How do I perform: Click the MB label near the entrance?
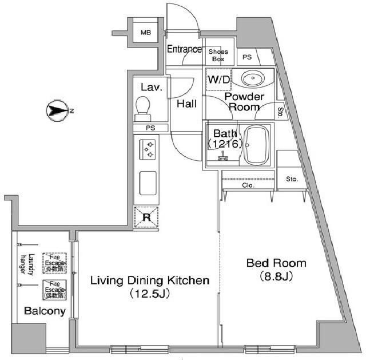point(146,33)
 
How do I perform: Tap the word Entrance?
point(184,49)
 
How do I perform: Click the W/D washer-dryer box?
point(218,80)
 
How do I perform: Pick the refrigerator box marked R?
point(146,217)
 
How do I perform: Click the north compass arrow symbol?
point(58,110)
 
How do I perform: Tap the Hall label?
point(186,104)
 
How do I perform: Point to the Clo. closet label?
point(248,185)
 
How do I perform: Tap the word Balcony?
point(45,311)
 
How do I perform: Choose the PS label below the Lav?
point(150,128)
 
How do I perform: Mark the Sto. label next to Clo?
point(292,179)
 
